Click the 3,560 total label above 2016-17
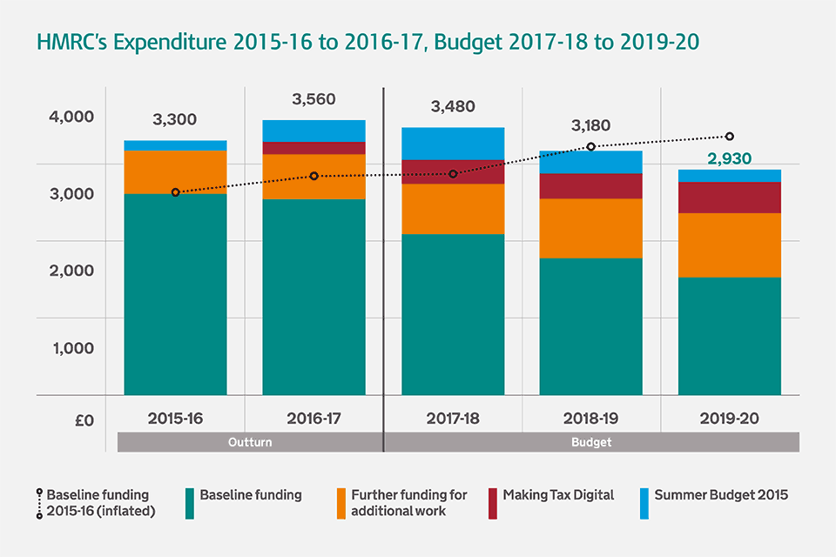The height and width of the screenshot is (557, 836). click(x=314, y=100)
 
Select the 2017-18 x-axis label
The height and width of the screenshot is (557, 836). click(x=452, y=419)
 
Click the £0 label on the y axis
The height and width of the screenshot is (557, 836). click(x=84, y=420)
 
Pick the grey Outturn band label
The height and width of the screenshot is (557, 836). click(x=250, y=442)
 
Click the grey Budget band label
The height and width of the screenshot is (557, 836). click(x=591, y=442)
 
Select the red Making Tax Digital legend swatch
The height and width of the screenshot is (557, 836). click(x=493, y=503)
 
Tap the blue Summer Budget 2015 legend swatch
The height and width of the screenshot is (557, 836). click(x=644, y=503)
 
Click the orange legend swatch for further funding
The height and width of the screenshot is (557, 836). click(x=341, y=503)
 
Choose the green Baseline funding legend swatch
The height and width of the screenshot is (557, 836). click(x=189, y=503)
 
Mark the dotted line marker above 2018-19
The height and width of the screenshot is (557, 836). click(x=590, y=146)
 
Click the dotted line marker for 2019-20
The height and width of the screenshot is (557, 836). click(x=730, y=137)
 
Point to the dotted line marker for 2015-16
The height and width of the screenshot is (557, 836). click(x=176, y=192)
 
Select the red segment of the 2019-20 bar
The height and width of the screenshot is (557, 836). click(x=730, y=198)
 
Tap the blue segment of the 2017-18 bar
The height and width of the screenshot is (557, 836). click(x=453, y=144)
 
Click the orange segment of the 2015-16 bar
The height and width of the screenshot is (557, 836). click(x=176, y=172)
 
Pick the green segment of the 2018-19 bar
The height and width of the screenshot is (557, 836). click(x=590, y=326)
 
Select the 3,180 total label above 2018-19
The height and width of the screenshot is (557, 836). click(x=592, y=126)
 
